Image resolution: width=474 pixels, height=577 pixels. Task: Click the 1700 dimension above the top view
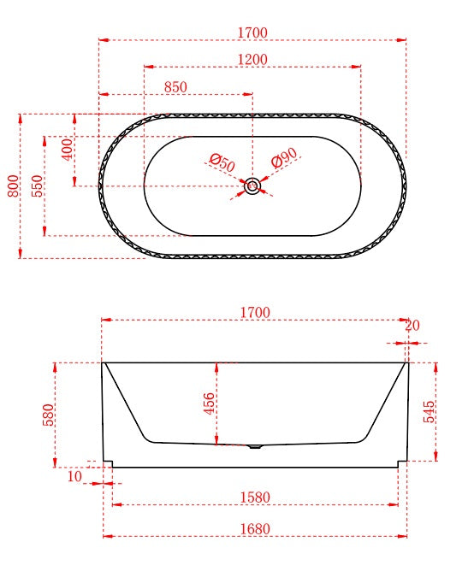(252, 32)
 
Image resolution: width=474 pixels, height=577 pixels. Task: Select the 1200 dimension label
(252, 59)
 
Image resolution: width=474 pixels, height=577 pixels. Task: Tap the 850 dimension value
(175, 87)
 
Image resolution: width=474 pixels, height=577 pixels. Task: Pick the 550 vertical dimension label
(38, 185)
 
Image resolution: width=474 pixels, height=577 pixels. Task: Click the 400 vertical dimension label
(68, 150)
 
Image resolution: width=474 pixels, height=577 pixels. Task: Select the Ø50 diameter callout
(222, 160)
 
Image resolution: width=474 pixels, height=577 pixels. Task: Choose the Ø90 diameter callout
(284, 158)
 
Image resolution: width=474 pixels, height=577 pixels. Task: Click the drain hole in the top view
(252, 185)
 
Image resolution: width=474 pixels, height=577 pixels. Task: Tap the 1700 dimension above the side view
(254, 313)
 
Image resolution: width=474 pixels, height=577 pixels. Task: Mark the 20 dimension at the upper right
(412, 325)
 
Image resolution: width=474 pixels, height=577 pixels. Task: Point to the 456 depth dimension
(210, 403)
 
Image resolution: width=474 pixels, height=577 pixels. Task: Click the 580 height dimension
(49, 415)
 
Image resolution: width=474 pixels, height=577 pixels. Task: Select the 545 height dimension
(430, 413)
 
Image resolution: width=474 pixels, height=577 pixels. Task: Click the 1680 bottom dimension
(254, 529)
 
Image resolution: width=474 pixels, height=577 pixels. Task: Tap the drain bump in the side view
(255, 445)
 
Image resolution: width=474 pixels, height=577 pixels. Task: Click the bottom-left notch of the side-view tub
(109, 463)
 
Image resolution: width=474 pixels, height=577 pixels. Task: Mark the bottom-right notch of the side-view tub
(401, 463)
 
